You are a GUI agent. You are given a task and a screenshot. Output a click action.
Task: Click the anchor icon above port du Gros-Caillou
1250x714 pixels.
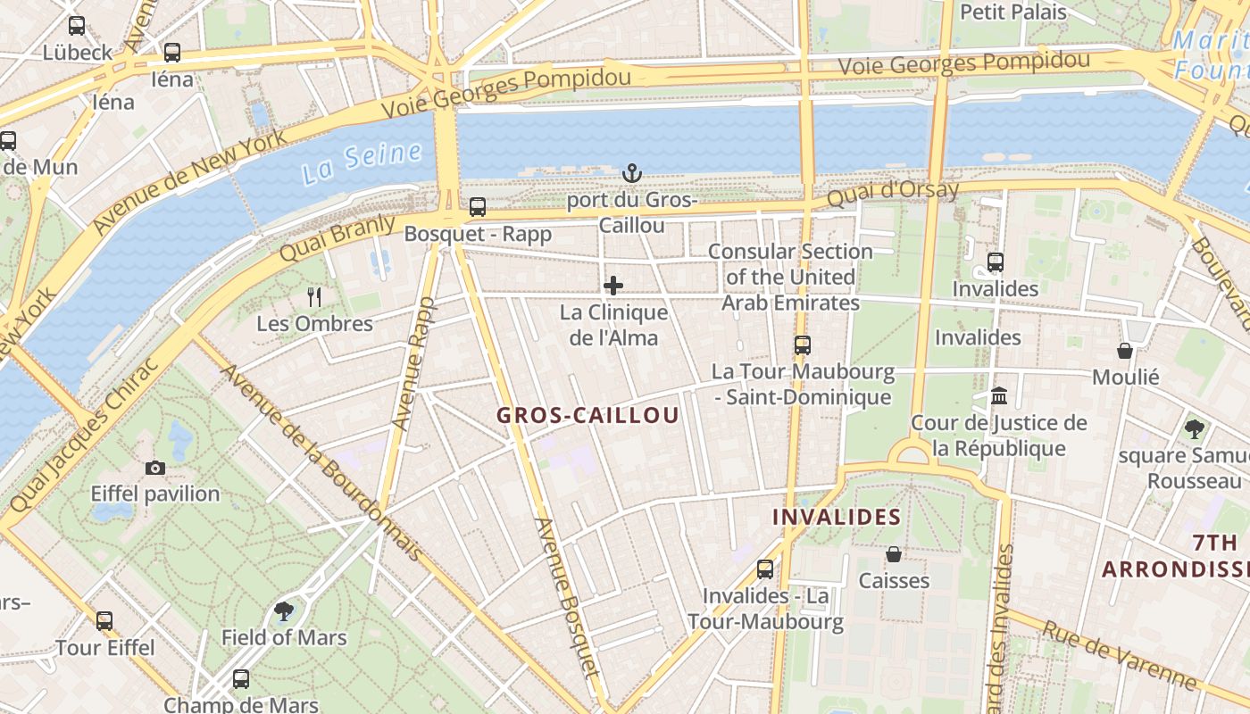point(632,172)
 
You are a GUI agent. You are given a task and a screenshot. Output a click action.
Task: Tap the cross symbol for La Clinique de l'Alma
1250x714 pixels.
point(613,286)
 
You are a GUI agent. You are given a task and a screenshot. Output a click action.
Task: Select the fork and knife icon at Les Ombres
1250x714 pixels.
point(314,296)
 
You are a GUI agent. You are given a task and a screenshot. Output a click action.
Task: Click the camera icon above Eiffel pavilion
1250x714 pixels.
point(155,468)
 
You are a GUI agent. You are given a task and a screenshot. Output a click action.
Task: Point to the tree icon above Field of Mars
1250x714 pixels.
point(284,611)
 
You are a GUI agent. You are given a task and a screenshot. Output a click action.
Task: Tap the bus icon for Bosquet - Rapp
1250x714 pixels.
point(478,207)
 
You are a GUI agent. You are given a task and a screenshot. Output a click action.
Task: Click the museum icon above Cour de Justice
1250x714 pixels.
point(999,395)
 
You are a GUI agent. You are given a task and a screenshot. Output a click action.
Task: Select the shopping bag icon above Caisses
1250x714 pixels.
point(894,554)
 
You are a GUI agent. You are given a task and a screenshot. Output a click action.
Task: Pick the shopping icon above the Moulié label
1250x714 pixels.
point(1125,351)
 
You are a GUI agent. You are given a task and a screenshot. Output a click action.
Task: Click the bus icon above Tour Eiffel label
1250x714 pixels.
point(104,620)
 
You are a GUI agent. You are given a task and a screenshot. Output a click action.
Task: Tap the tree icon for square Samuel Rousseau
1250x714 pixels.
point(1194,429)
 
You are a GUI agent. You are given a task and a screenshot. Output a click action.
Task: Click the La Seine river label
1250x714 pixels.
point(361,162)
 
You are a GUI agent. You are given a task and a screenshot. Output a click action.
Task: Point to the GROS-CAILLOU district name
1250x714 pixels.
point(587,415)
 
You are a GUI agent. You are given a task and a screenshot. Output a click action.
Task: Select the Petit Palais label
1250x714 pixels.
point(1013,12)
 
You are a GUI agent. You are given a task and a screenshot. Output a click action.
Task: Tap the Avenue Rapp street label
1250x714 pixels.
point(413,364)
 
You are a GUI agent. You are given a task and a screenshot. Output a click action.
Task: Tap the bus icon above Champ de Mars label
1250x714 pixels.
point(241,679)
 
